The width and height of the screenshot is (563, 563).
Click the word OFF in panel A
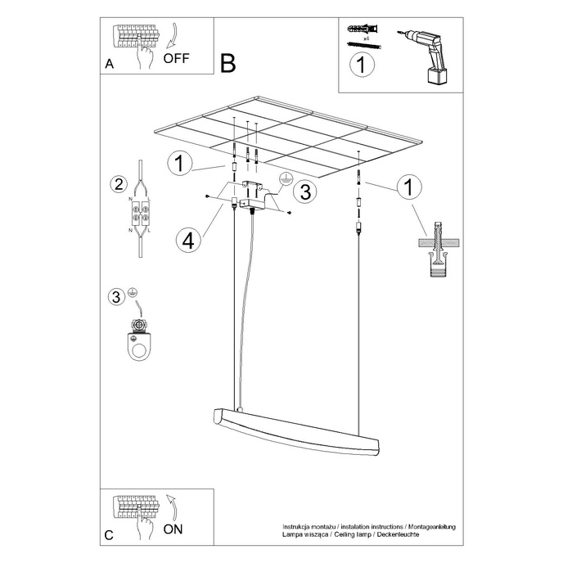coord(177,58)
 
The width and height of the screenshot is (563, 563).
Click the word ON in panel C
coord(173,529)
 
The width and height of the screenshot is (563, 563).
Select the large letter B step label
coord(228,62)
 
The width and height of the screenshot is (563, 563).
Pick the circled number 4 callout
coord(187,241)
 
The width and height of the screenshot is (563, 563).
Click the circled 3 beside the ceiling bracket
coord(304,191)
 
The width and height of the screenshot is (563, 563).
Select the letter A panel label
coord(108,64)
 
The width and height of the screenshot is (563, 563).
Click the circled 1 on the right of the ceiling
coord(405,188)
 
